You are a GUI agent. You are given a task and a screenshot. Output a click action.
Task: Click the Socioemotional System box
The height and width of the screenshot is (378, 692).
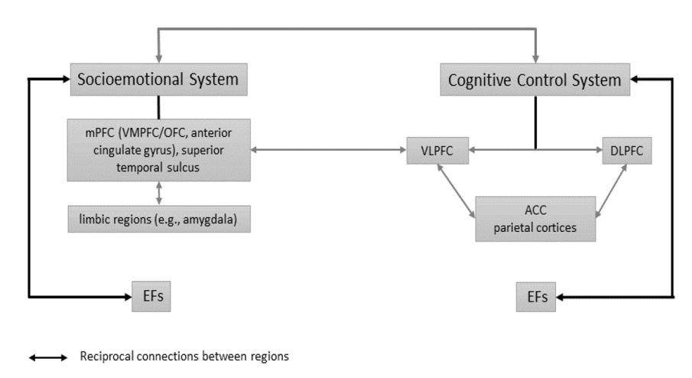coord(159,80)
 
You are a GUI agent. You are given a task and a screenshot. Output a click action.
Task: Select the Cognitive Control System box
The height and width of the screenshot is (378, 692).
coord(535,80)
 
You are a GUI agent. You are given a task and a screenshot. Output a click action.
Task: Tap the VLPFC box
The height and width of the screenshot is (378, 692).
coord(437,151)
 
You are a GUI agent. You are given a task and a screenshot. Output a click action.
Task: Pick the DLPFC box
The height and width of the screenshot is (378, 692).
coord(627,151)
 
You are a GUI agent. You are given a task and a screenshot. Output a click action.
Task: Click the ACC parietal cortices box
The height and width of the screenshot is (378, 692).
coord(535,219)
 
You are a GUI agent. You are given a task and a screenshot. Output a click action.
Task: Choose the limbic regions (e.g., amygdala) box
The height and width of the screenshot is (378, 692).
coord(159,219)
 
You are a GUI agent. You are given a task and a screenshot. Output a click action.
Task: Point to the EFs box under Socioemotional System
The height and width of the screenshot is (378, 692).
coord(151,296)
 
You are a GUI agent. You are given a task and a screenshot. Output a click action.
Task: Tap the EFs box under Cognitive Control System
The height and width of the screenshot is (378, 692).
coord(536,297)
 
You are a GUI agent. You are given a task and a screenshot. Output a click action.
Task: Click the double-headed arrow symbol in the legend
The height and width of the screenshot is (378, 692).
coord(48,357)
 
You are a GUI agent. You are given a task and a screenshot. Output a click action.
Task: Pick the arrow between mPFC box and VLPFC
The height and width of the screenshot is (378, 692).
coord(328,150)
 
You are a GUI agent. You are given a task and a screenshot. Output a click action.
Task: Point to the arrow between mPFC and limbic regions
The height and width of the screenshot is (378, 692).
coord(159,194)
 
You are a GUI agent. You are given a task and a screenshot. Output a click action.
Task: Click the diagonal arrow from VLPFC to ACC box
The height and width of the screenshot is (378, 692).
coord(456,191)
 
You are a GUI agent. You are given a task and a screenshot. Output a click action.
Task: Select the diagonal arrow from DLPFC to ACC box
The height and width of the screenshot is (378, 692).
coord(611,191)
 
